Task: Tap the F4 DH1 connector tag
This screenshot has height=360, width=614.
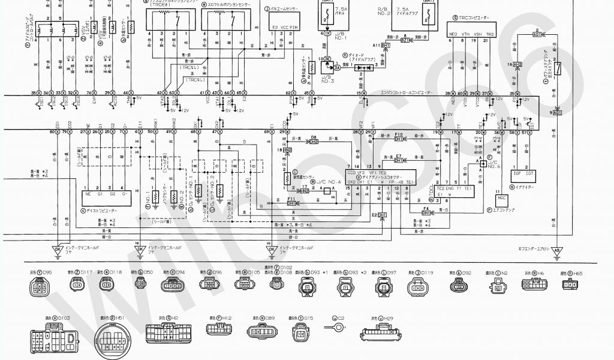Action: pyautogui.click(x=426, y=212)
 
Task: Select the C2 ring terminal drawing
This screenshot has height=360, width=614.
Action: pyautogui.click(x=339, y=328)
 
